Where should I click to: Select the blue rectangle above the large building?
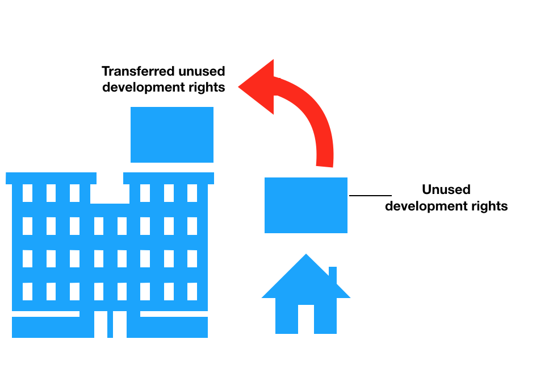172,135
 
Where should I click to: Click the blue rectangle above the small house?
306,205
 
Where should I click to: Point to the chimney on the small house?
333,274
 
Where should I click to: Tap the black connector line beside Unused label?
370,196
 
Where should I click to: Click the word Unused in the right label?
446,190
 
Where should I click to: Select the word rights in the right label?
489,206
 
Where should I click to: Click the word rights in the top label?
207,88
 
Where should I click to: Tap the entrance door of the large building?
110,324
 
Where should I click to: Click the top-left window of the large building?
27,193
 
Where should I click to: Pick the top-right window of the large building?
192,193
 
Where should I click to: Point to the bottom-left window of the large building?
27,291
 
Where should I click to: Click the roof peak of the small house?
306,257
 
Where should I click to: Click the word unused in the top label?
202,72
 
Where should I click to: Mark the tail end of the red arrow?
324,164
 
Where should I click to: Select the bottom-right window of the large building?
192,291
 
